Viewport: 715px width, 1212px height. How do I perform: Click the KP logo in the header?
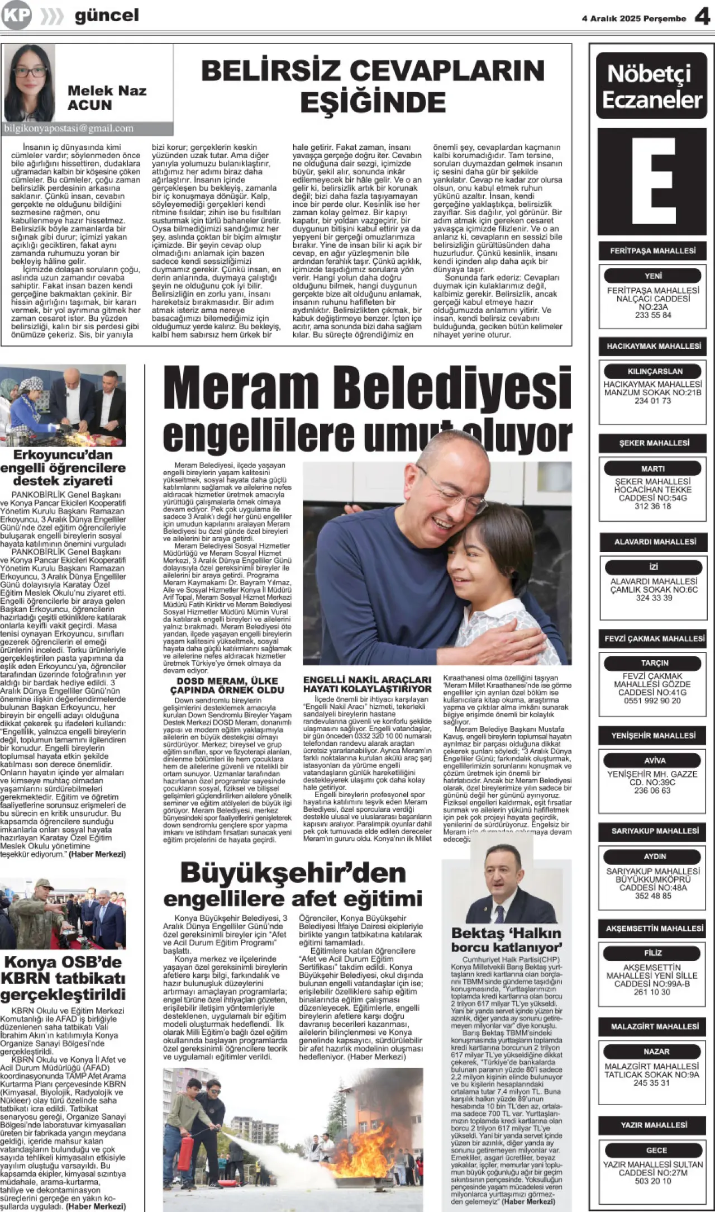(x=16, y=16)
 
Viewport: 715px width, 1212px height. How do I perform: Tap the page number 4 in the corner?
(x=702, y=17)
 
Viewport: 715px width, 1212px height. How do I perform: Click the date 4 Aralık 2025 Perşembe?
(x=633, y=18)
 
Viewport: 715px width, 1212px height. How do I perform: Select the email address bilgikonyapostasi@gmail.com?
(x=69, y=128)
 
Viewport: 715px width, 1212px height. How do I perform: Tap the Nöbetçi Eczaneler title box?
(x=651, y=86)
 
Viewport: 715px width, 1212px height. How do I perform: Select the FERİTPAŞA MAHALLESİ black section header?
(x=652, y=250)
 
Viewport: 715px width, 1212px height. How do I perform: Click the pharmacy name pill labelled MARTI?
(x=652, y=468)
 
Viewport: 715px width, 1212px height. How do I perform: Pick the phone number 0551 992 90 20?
(x=652, y=700)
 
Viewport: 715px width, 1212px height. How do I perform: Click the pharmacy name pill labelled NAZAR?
(x=656, y=1051)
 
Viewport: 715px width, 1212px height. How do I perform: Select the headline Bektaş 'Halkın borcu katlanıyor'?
(x=506, y=940)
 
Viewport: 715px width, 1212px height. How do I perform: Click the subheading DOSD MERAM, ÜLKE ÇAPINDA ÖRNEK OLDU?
(x=227, y=685)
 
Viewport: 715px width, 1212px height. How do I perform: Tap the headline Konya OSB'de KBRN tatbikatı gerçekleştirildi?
(x=63, y=978)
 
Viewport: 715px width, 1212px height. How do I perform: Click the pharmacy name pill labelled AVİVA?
(x=654, y=760)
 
